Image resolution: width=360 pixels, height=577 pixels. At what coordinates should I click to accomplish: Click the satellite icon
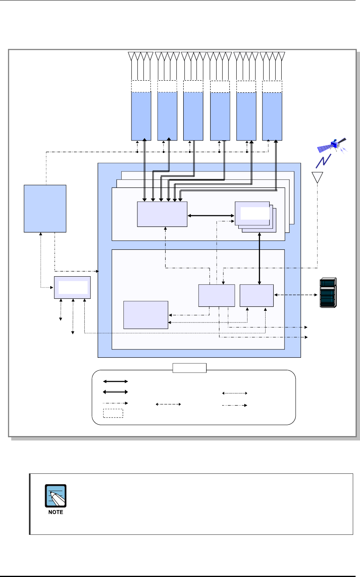[x=332, y=145]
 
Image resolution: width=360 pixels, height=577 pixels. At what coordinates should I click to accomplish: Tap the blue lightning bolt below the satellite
[x=323, y=161]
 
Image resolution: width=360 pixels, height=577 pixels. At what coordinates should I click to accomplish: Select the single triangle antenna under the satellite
[x=317, y=177]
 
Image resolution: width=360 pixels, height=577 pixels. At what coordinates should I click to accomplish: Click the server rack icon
[x=328, y=293]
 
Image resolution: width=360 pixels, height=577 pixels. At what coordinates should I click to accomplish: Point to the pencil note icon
[x=56, y=496]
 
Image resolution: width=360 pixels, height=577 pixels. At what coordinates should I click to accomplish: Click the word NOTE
[x=56, y=512]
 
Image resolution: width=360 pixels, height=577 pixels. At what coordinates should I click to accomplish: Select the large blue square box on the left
[x=45, y=209]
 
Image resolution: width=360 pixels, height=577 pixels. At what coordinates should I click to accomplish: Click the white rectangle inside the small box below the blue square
[x=73, y=287]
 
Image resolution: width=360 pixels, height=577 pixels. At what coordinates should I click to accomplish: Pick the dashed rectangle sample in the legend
[x=113, y=413]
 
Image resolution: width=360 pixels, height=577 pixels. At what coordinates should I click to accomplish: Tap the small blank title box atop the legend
[x=189, y=368]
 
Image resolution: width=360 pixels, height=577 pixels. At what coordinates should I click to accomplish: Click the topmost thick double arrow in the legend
[x=115, y=381]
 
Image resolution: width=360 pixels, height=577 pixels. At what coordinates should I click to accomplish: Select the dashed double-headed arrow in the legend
[x=168, y=404]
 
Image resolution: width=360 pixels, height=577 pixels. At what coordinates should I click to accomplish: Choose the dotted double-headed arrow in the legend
[x=235, y=393]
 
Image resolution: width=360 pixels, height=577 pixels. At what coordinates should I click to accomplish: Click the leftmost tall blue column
[x=141, y=116]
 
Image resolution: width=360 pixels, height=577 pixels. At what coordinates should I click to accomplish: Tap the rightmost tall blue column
[x=272, y=116]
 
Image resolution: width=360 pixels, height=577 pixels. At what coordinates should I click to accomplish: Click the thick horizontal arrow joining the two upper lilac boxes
[x=211, y=216]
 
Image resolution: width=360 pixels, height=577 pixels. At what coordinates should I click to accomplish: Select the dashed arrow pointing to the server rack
[x=296, y=295]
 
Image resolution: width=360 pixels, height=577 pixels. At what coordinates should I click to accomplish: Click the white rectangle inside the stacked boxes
[x=255, y=213]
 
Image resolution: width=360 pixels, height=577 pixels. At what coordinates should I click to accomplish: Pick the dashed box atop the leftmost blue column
[x=141, y=86]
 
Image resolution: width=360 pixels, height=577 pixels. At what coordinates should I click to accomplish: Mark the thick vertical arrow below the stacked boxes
[x=260, y=259]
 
